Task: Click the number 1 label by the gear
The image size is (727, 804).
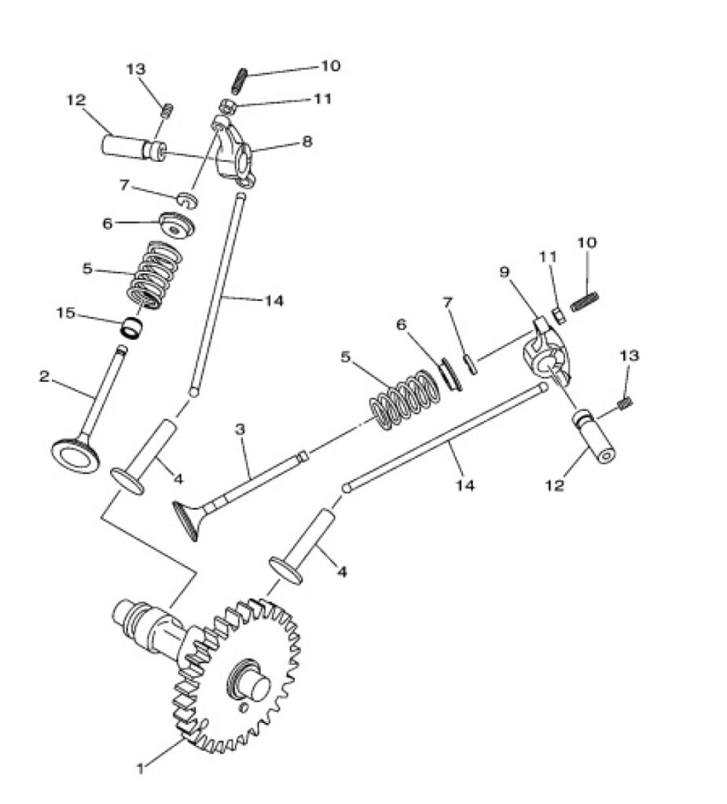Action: coord(141,766)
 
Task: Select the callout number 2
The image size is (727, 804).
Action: coord(45,376)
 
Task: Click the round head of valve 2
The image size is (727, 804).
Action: coord(76,455)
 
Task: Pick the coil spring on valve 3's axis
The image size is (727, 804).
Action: coord(403,399)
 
